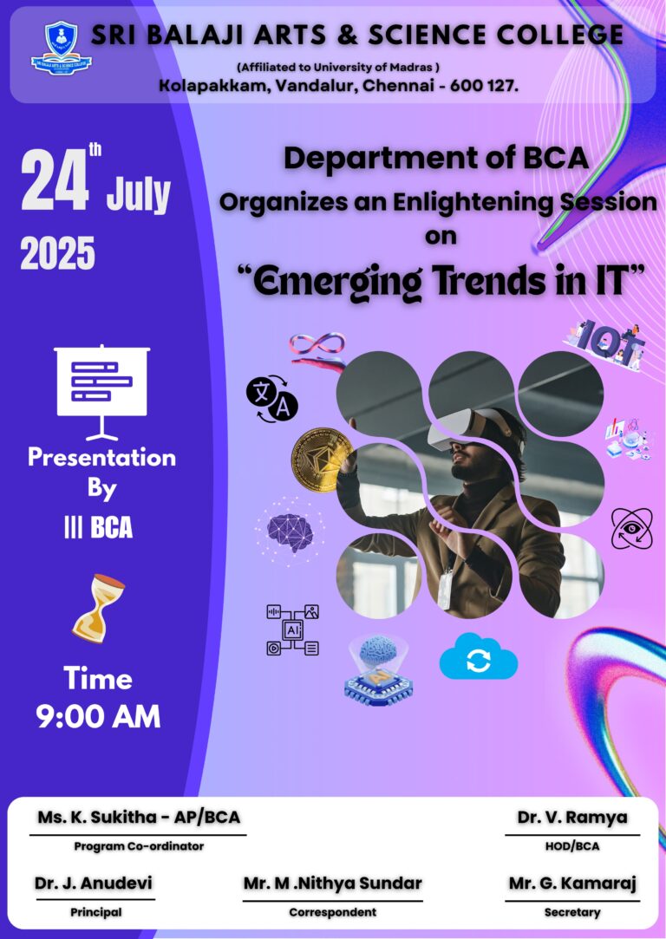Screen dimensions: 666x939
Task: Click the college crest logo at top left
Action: click(x=61, y=48)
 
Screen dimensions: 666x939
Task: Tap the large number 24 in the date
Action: click(x=55, y=181)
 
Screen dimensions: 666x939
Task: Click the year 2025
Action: click(x=57, y=252)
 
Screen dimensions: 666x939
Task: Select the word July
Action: click(x=139, y=194)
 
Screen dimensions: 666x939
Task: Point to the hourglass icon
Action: click(x=98, y=609)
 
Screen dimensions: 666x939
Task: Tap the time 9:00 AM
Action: click(x=98, y=716)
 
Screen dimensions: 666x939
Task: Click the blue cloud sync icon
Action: click(x=479, y=657)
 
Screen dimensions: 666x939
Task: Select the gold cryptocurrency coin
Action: click(x=323, y=460)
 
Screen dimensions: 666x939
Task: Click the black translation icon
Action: click(x=272, y=399)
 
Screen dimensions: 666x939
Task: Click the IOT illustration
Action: click(x=605, y=344)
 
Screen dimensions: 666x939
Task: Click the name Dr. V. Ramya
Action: click(x=572, y=818)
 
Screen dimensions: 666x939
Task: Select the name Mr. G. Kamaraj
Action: click(x=572, y=884)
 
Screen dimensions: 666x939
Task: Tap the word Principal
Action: click(x=96, y=912)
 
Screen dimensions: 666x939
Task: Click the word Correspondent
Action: click(x=332, y=912)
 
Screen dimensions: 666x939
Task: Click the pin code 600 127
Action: click(x=484, y=86)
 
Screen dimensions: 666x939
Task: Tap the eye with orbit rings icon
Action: click(x=632, y=529)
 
